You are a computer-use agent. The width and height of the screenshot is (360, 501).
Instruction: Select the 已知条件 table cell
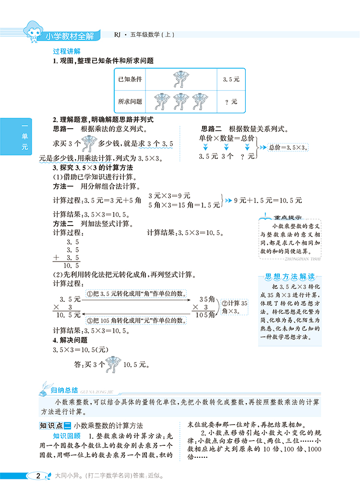point(130,79)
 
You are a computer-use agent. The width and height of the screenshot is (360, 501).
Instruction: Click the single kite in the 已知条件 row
point(181,79)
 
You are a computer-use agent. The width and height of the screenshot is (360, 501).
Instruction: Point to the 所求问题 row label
point(130,101)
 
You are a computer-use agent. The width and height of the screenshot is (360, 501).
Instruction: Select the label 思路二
point(212,129)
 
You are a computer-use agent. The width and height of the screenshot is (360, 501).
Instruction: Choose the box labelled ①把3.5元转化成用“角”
point(136,294)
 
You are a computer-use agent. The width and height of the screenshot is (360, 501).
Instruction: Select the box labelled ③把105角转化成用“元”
point(136,320)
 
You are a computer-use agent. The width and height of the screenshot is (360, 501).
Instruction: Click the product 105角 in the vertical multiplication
point(204,315)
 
